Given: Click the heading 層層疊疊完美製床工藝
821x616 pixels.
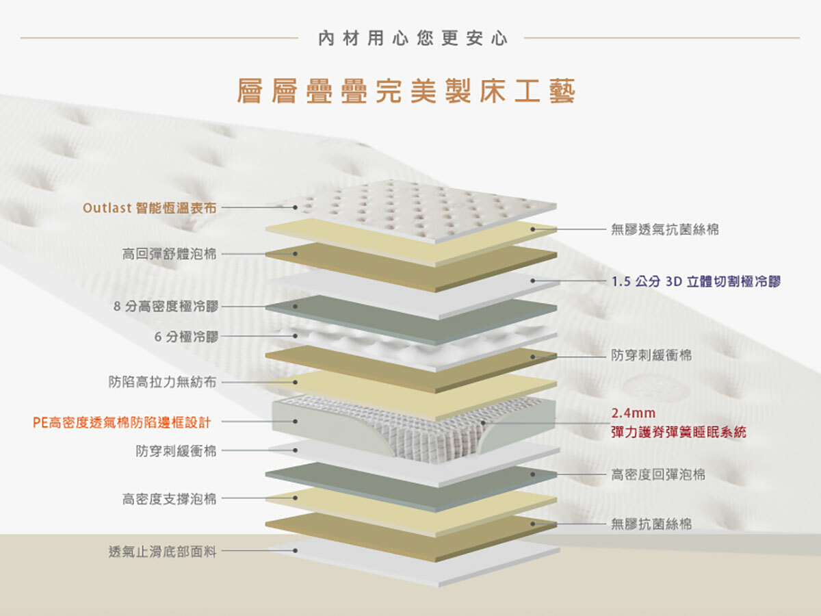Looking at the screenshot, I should (x=406, y=92).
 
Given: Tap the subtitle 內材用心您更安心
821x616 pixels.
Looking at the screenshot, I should (x=413, y=38).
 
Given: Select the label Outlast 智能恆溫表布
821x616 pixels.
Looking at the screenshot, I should (x=149, y=207).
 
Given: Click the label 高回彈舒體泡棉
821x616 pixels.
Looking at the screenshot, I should (x=169, y=255).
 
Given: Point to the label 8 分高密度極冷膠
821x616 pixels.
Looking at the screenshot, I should (x=166, y=307).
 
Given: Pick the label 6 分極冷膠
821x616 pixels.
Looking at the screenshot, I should (x=185, y=337).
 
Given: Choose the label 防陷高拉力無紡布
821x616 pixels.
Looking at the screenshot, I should (x=162, y=382).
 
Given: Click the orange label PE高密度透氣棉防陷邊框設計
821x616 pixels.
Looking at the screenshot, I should (x=121, y=422).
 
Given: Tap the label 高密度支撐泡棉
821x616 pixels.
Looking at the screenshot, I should (x=169, y=499).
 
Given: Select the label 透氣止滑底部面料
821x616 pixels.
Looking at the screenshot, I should (x=162, y=551).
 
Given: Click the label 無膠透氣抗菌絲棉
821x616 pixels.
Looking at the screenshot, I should (x=665, y=230).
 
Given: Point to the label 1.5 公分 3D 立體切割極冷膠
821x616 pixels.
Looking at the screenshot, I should (x=696, y=281).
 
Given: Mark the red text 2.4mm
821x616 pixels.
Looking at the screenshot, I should (x=634, y=413).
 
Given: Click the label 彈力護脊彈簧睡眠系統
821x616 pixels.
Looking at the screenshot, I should (x=679, y=433).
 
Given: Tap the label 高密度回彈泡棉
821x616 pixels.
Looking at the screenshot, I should (x=658, y=474).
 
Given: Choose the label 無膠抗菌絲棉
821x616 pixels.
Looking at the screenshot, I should (x=651, y=524).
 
